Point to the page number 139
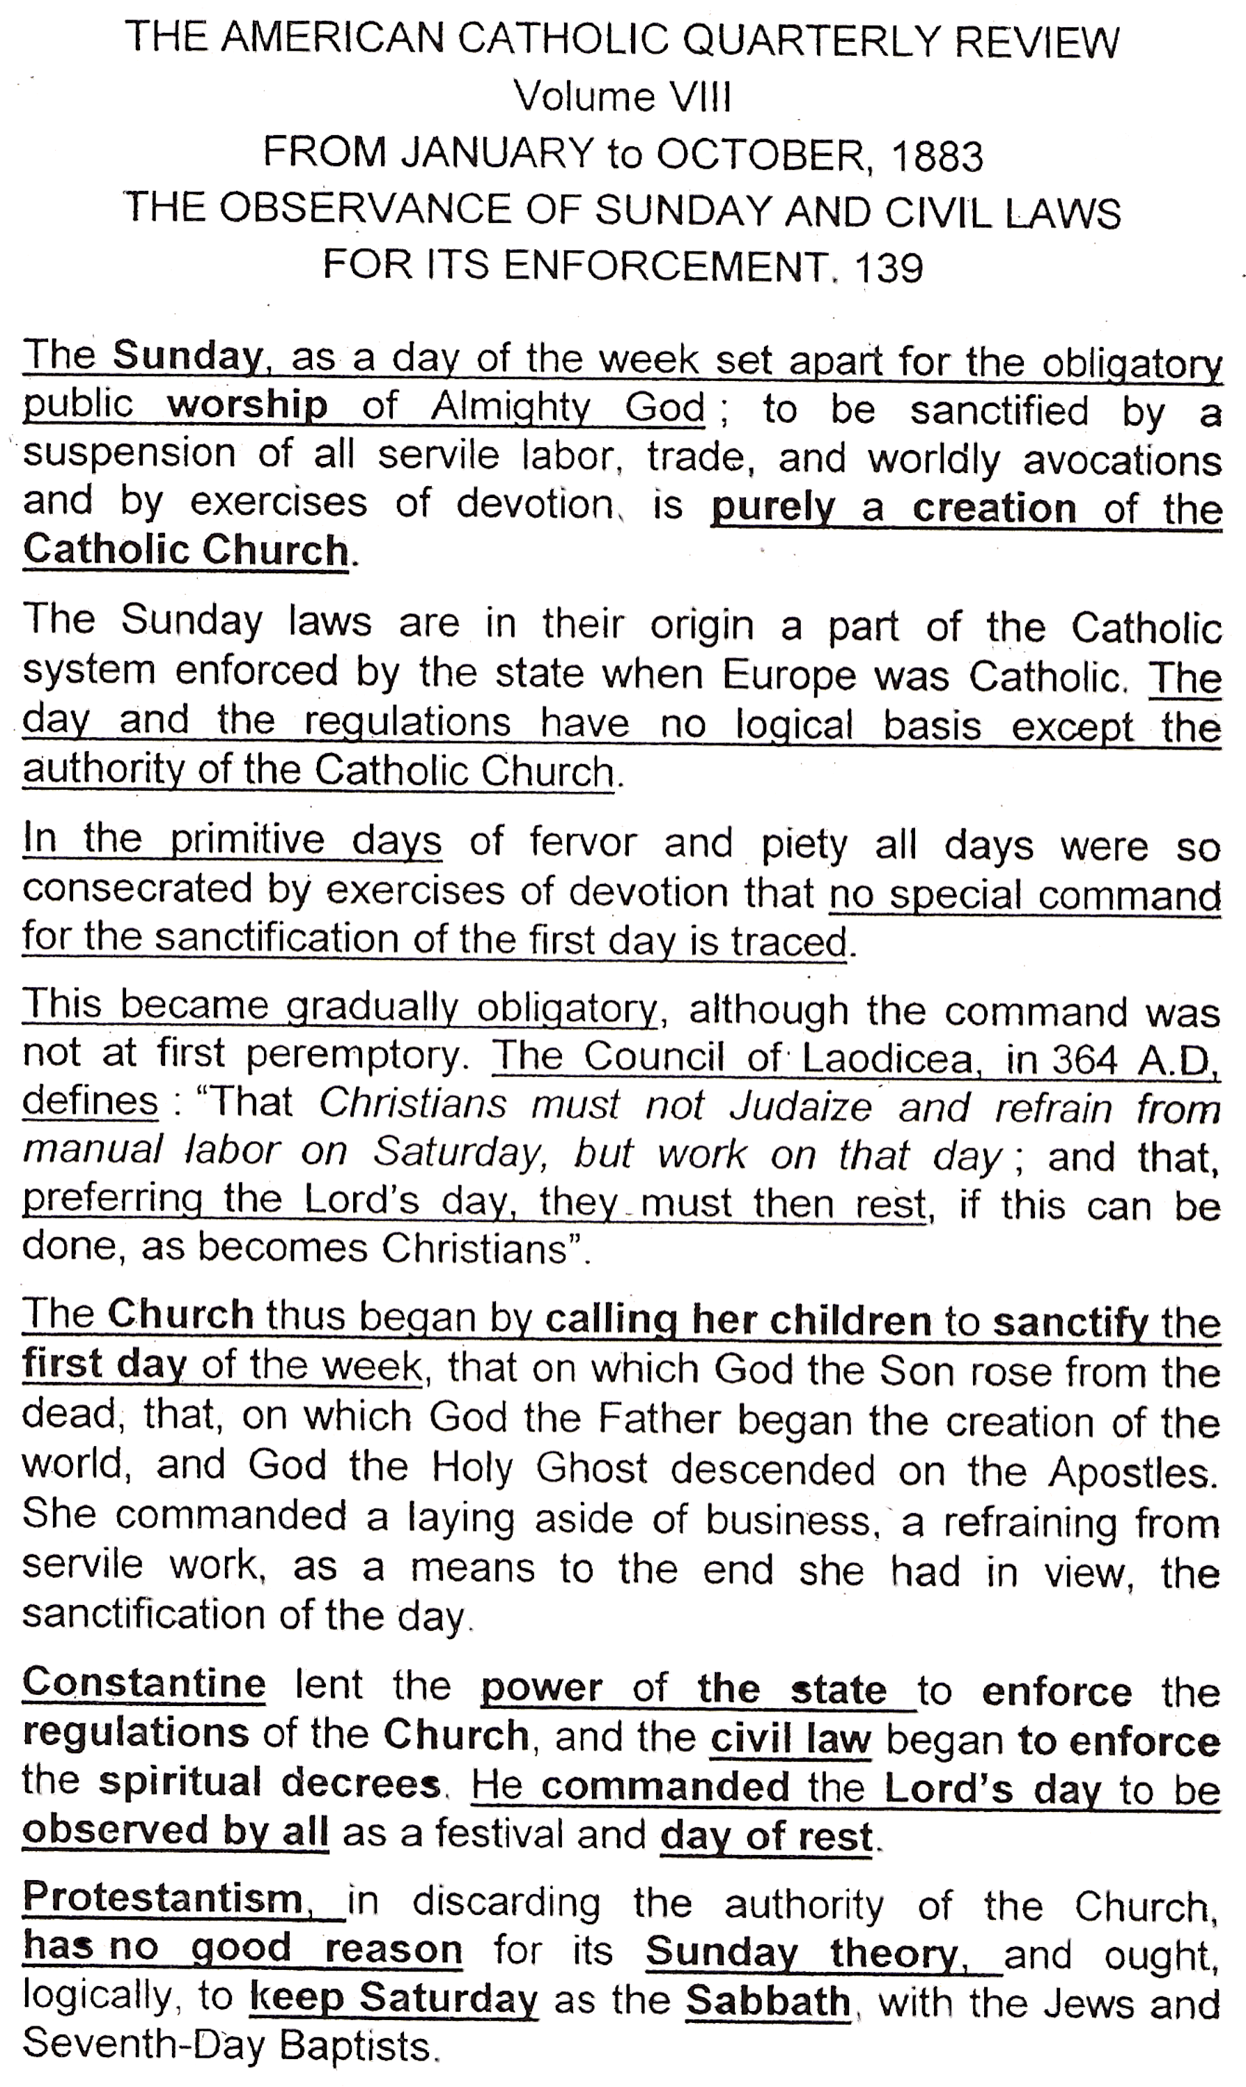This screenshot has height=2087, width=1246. tap(887, 267)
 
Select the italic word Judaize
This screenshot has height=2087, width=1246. tap(800, 1106)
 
